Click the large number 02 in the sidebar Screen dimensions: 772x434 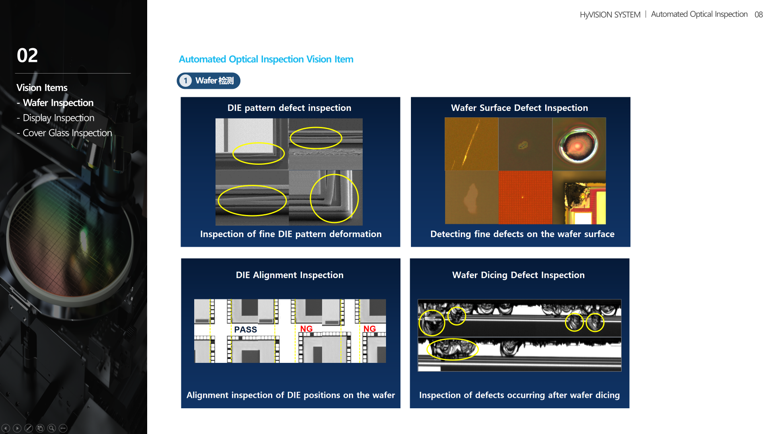(27, 55)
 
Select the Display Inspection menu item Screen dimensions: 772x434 (58, 118)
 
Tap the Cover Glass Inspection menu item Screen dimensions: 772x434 (64, 133)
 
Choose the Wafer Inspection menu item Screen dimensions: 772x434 (55, 103)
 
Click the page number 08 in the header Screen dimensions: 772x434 (759, 14)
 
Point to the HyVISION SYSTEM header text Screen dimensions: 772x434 (610, 15)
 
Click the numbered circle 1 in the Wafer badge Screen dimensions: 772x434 (185, 81)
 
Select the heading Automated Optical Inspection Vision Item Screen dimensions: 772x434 (266, 59)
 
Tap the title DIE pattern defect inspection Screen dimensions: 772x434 (289, 108)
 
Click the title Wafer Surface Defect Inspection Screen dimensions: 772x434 (519, 108)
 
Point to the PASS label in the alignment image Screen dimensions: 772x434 (245, 330)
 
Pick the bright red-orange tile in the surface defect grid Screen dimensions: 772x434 (525, 197)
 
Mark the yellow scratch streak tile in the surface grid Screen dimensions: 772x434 (471, 144)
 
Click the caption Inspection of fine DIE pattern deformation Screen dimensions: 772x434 (291, 234)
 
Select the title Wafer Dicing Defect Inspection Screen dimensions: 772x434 (518, 275)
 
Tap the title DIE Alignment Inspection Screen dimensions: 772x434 (289, 275)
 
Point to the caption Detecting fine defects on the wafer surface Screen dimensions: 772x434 (522, 234)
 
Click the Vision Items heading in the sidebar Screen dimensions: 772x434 (42, 88)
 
